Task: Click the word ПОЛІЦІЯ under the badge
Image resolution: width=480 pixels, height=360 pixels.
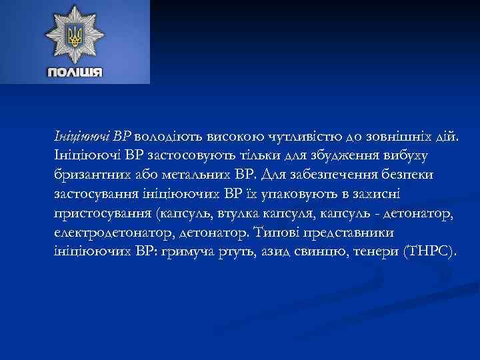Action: click(x=75, y=71)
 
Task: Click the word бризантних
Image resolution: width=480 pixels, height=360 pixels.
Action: click(x=91, y=175)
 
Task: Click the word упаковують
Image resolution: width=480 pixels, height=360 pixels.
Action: click(x=304, y=195)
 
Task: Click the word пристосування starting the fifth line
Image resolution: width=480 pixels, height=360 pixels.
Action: click(x=101, y=214)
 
